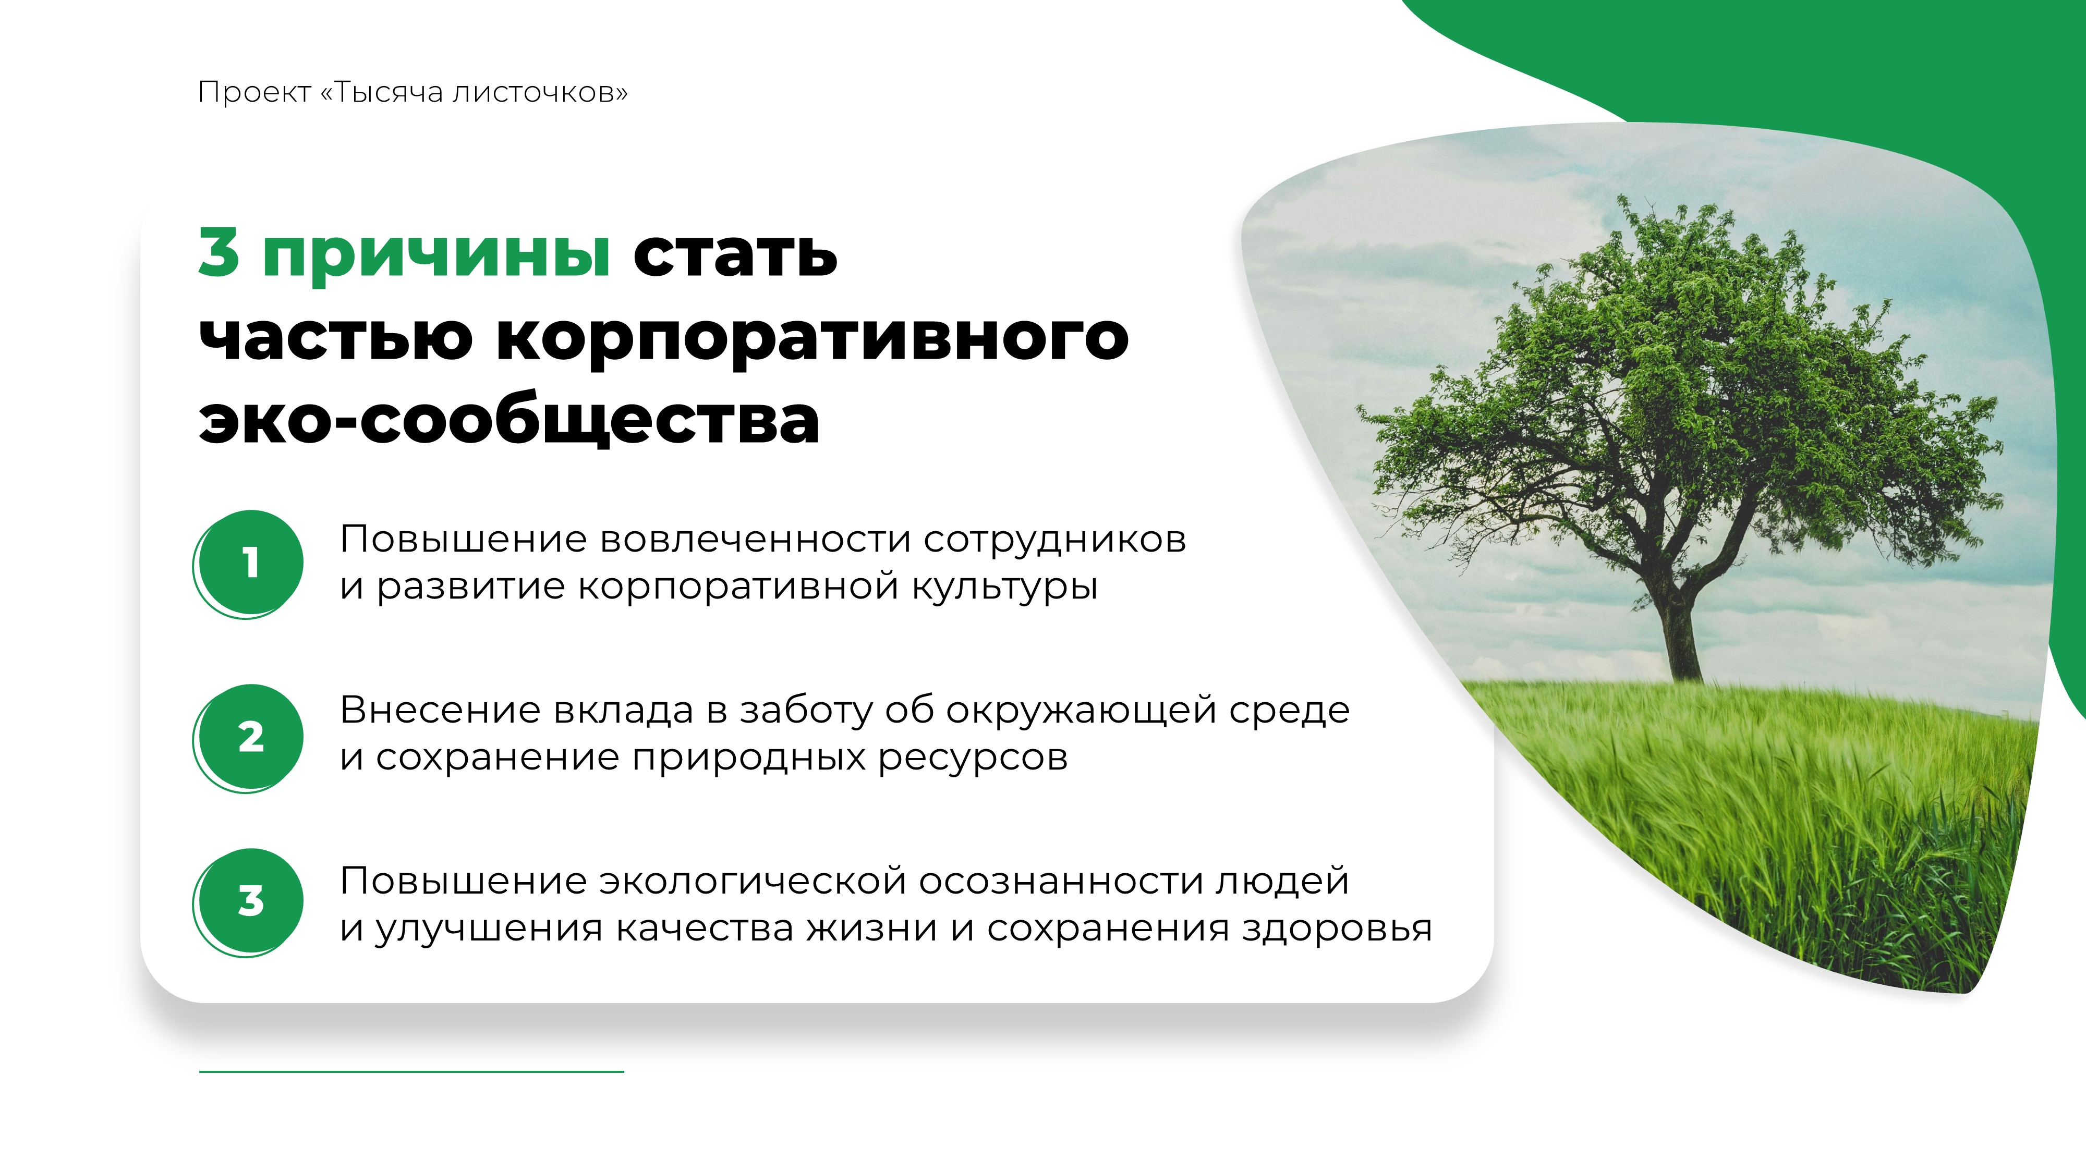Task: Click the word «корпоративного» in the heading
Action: click(x=812, y=338)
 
